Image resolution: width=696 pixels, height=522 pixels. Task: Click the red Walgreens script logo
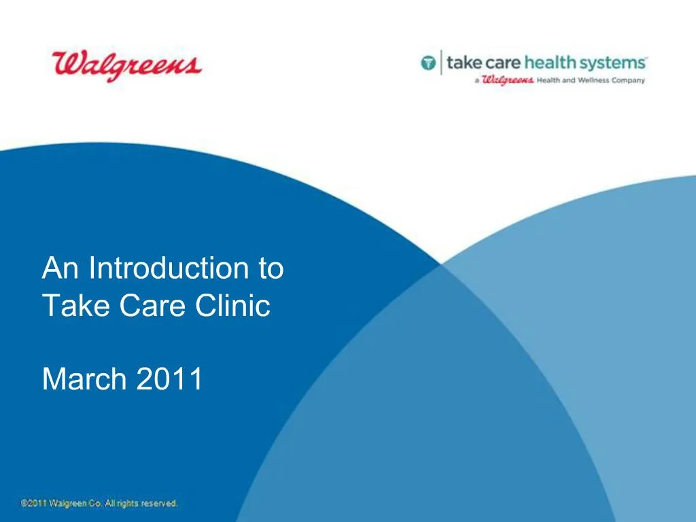point(126,66)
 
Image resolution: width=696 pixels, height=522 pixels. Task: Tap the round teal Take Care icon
point(428,64)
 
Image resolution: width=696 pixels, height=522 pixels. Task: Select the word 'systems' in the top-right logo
point(616,63)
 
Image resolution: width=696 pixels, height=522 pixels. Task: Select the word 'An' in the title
point(61,268)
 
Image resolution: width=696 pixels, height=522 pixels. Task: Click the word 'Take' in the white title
point(76,306)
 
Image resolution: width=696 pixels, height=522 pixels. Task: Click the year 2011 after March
point(169,379)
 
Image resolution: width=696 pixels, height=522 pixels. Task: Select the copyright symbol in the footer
point(24,504)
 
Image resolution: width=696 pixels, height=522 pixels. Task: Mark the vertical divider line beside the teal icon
point(441,63)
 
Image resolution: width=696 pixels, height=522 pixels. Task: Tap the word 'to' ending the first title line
point(271,268)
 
